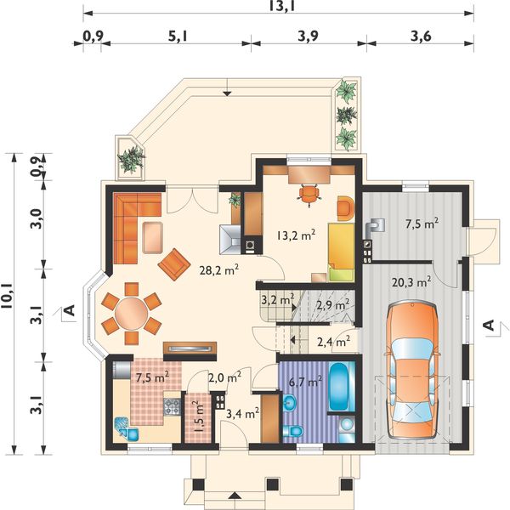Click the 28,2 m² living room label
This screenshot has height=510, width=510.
click(x=219, y=270)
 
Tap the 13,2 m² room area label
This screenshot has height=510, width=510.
click(x=297, y=235)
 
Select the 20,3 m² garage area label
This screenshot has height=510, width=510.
click(x=411, y=282)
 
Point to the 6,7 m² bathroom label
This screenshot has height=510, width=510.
click(x=306, y=382)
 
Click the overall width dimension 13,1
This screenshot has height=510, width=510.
click(x=281, y=6)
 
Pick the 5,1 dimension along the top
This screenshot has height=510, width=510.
click(x=178, y=37)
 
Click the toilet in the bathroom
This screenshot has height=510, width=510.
click(x=293, y=431)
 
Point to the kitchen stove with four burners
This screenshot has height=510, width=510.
click(x=172, y=406)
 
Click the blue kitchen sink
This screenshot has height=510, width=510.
click(x=126, y=429)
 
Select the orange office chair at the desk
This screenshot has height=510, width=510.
click(x=309, y=194)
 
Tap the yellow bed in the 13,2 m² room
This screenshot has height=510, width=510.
click(x=341, y=252)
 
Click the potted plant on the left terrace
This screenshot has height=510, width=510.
click(x=132, y=159)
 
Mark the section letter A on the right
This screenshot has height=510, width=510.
click(x=490, y=325)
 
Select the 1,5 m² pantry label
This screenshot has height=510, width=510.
click(x=198, y=416)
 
